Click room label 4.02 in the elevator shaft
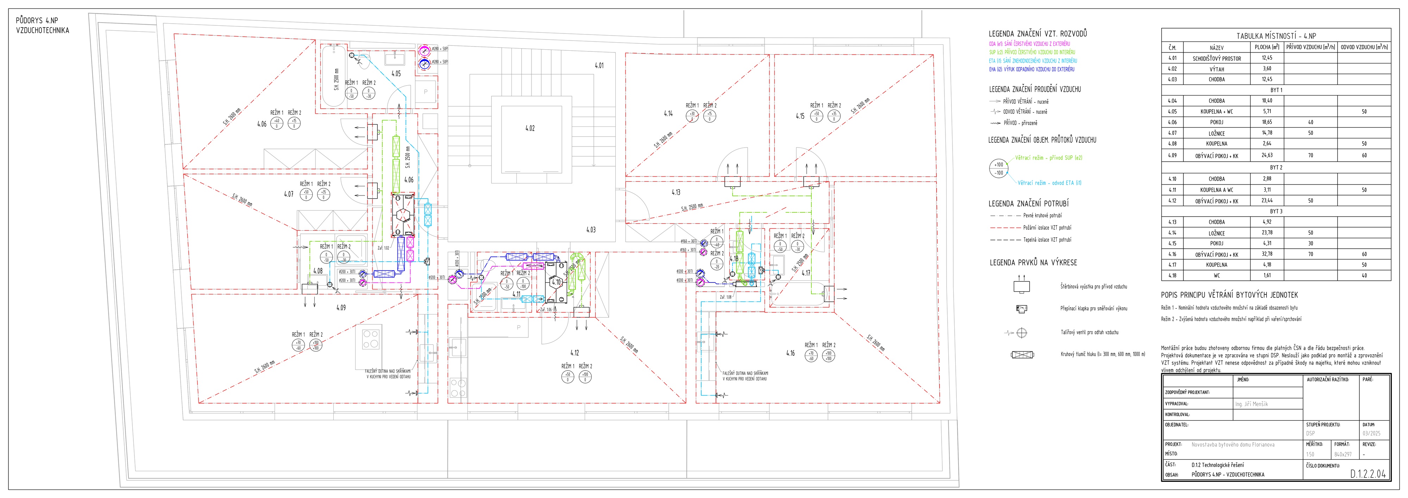pyautogui.click(x=530, y=129)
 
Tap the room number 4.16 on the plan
pyautogui.click(x=790, y=353)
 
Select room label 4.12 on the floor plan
pyautogui.click(x=574, y=353)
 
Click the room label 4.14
pyautogui.click(x=668, y=114)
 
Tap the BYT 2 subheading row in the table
pyautogui.click(x=1276, y=168)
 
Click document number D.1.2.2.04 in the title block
pyautogui.click(x=1368, y=474)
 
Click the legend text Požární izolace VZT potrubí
pyautogui.click(x=1047, y=228)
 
